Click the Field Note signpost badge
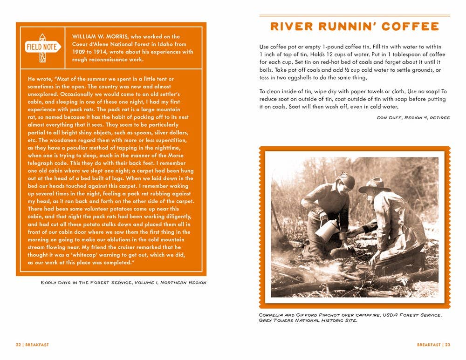tap(42, 47)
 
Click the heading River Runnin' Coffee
tap(354, 27)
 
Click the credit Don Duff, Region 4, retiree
tap(413, 117)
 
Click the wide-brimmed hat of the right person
tap(375, 185)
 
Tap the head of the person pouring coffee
tap(345, 181)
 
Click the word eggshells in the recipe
tap(311, 77)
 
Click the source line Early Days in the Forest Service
tap(87, 282)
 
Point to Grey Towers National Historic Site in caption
tap(308, 321)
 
